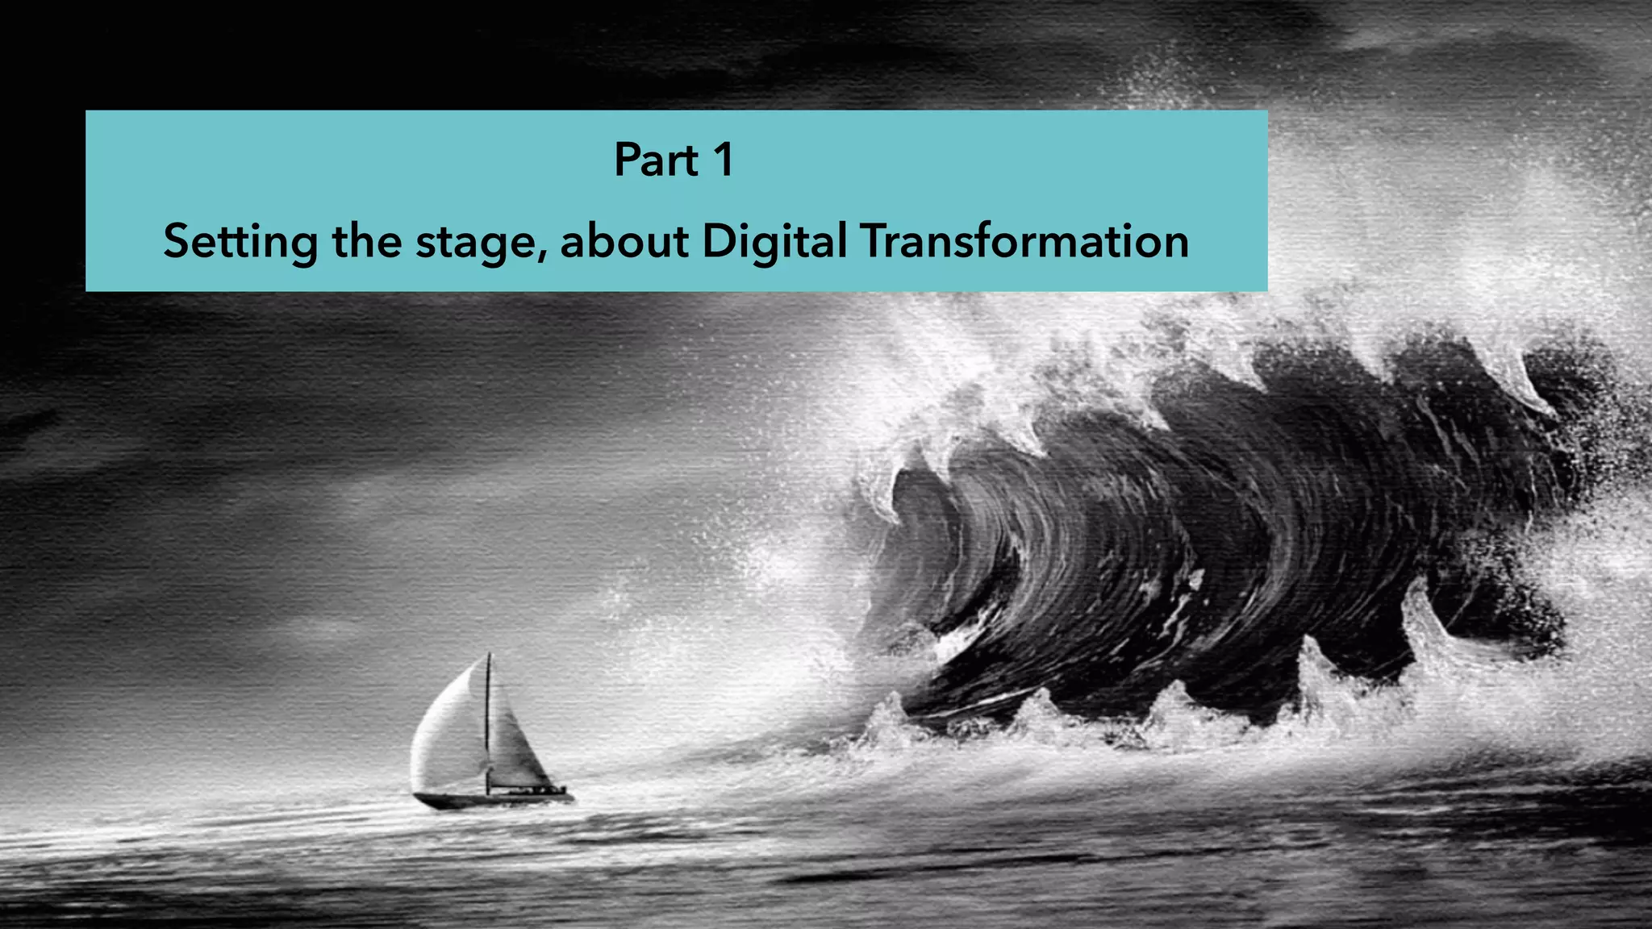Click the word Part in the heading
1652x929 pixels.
tap(656, 160)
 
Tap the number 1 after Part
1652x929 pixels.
tap(723, 160)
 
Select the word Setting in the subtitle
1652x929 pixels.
tap(240, 241)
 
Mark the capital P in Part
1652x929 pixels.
tap(628, 160)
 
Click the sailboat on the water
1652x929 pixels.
tap(488, 742)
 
